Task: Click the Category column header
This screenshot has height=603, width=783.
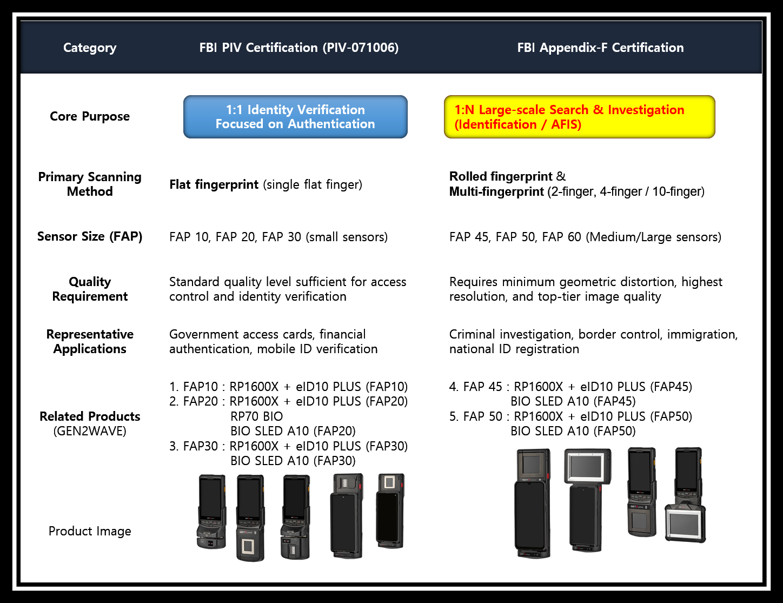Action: click(90, 48)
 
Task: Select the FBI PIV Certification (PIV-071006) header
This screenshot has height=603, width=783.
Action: click(299, 48)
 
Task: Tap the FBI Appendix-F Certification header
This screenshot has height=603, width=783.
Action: click(600, 48)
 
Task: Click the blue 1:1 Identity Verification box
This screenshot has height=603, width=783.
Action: click(295, 117)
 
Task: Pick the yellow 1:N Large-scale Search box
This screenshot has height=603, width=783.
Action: click(580, 117)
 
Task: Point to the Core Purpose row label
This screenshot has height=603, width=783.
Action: click(90, 116)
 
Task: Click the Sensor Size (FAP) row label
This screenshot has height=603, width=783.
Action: click(90, 236)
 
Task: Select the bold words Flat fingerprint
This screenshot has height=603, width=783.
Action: click(214, 184)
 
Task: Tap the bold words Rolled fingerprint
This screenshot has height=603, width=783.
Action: click(501, 176)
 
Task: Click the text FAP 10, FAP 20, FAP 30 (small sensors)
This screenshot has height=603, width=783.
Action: click(278, 237)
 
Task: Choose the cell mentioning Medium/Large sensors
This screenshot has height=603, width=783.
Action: click(585, 237)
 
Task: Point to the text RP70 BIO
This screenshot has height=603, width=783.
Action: click(256, 416)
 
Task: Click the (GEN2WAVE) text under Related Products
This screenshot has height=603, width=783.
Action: click(90, 431)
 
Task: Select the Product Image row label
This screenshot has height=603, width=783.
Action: click(90, 531)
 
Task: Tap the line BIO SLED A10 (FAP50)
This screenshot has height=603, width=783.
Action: click(573, 431)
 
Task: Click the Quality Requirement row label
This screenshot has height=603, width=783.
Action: click(90, 289)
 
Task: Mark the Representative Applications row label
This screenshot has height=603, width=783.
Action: click(90, 341)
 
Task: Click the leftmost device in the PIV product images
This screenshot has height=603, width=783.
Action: click(212, 512)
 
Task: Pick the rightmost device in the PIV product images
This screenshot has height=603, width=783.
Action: click(390, 511)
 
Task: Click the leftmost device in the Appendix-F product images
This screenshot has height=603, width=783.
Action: click(533, 503)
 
